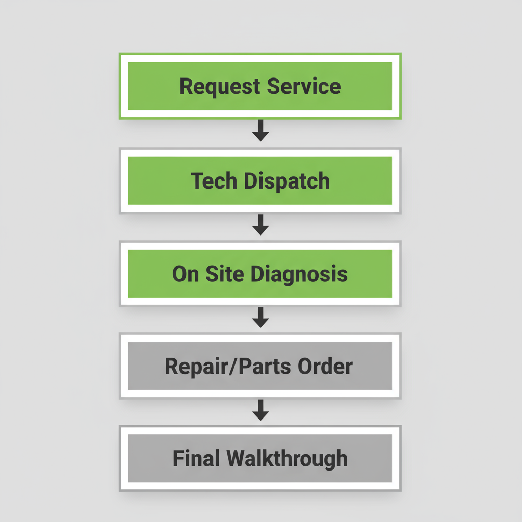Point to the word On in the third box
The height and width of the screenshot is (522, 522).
point(186,274)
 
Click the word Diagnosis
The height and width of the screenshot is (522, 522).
point(300,274)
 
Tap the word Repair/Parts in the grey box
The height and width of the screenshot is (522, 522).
point(219,367)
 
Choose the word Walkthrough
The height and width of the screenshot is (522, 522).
point(287,459)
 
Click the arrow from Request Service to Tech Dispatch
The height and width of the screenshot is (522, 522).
point(260,130)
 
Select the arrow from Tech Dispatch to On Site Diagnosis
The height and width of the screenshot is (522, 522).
point(260,225)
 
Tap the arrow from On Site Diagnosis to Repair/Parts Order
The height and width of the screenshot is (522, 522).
point(260,318)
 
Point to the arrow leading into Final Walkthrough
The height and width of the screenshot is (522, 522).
point(260,410)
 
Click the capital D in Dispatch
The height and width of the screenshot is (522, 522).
point(250,181)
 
